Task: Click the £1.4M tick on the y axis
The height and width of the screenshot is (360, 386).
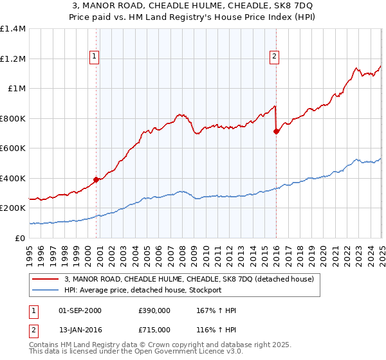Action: [x=13, y=29]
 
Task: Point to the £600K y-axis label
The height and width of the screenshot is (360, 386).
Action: [x=13, y=148]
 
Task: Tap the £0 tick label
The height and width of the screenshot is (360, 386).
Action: [x=19, y=238]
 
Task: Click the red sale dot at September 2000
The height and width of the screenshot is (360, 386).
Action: [x=96, y=180]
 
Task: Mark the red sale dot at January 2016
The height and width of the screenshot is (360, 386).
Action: [x=276, y=131]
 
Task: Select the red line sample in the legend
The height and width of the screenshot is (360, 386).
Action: [x=46, y=279]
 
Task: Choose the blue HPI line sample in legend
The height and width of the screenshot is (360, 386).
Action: [x=46, y=290]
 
